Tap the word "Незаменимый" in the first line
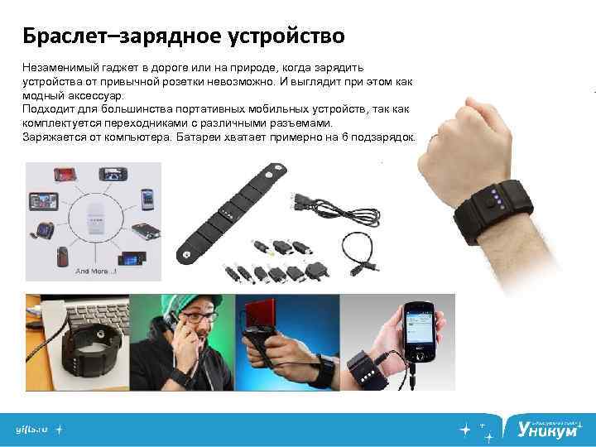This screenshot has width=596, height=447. coord(60,67)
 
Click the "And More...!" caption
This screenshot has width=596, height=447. coord(96,272)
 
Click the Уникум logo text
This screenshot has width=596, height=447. coord(547,428)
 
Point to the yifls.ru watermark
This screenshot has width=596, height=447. coord(31,430)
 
